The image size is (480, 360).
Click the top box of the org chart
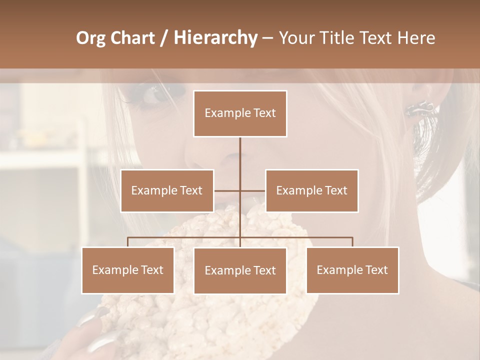[x=240, y=113]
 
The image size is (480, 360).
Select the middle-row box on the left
[x=167, y=190]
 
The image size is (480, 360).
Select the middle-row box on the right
[x=311, y=190]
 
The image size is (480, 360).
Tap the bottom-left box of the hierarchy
[x=127, y=270]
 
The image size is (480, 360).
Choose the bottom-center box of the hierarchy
[x=240, y=270]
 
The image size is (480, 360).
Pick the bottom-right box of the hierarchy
[x=352, y=270]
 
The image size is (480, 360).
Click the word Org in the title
[x=90, y=38]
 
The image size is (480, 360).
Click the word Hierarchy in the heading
[x=215, y=38]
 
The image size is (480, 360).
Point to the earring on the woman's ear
[x=419, y=107]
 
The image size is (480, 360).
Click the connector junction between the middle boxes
[x=240, y=190]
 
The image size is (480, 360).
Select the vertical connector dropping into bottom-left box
[x=127, y=242]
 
